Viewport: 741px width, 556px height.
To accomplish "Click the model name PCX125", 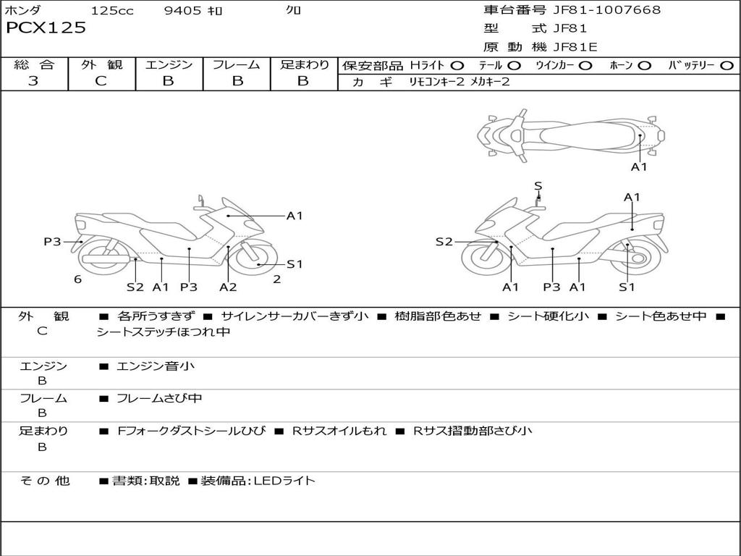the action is [46, 28].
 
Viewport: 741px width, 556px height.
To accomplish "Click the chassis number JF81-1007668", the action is [606, 10].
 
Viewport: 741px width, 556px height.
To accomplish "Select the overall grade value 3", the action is [33, 81].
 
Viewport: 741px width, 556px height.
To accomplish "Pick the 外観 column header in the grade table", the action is [101, 64].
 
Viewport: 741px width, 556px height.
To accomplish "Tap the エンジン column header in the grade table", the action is [169, 64].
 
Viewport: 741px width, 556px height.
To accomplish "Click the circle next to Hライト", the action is [457, 66].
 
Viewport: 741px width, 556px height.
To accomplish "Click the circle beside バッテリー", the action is [727, 66].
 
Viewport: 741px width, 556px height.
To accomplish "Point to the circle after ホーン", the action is [645, 66].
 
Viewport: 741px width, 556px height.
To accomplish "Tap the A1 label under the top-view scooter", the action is [639, 167].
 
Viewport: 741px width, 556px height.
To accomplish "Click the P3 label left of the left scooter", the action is [52, 242].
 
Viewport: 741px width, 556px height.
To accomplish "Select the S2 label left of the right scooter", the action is [444, 242].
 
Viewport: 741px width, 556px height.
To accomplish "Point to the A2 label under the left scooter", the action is [228, 287].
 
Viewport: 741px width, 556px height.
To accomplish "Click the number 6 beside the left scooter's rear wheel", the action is [77, 279].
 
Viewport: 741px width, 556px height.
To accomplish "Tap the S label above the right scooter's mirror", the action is [538, 186].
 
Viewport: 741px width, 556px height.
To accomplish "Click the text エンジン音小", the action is [156, 366].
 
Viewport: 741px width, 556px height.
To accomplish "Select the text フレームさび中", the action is [159, 398].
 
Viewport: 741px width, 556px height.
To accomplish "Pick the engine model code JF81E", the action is [575, 47].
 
